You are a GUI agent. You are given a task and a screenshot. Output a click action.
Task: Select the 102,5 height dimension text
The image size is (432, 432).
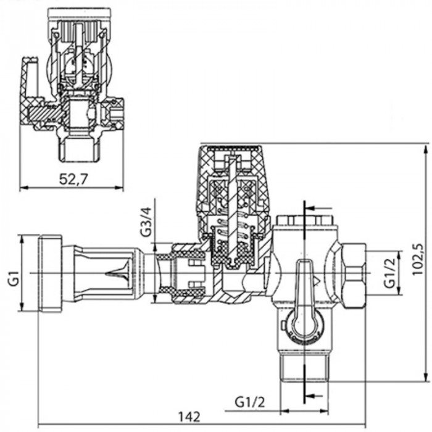click(420, 260)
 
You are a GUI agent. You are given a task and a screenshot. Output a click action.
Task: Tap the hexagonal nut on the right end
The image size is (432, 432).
click(352, 272)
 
